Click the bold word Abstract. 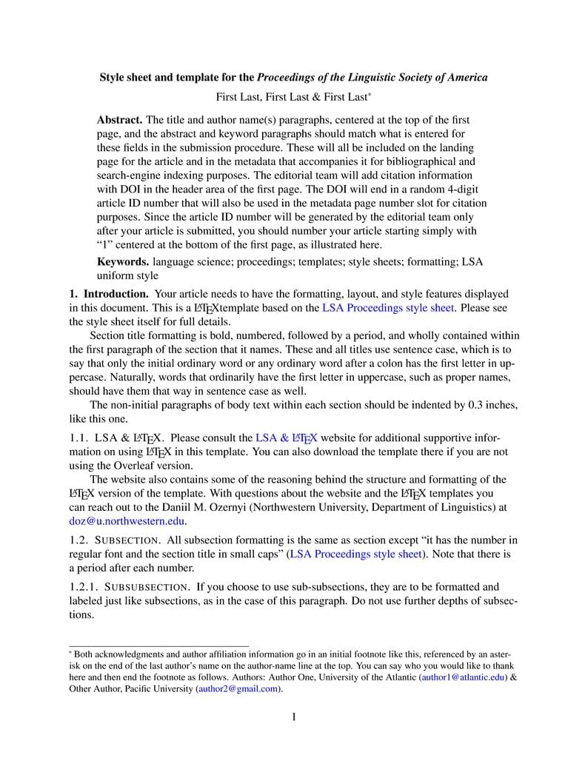[120, 120]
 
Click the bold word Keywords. [123, 262]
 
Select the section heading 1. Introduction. [109, 294]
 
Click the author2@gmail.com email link [238, 688]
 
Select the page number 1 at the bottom [294, 717]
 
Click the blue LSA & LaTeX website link [286, 438]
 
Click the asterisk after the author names [370, 95]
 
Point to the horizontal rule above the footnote [158, 646]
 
